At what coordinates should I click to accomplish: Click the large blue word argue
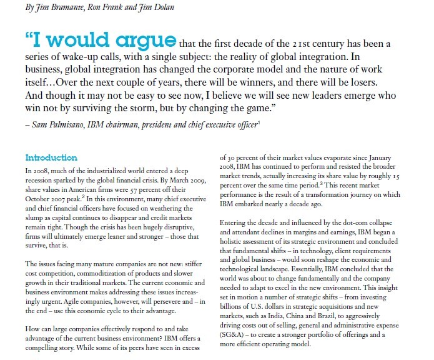142,42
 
